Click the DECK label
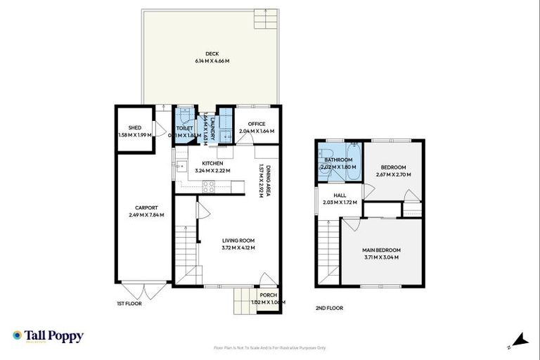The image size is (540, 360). click(x=212, y=54)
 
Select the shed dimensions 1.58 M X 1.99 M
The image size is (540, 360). click(x=134, y=135)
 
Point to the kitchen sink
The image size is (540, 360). click(x=224, y=152)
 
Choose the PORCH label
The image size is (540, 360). click(x=268, y=295)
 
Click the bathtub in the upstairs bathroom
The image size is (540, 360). click(x=352, y=163)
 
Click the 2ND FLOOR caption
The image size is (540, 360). click(x=330, y=307)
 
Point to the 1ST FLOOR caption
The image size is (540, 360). click(x=129, y=303)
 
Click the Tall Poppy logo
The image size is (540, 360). click(x=48, y=336)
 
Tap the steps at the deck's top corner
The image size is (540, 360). click(x=267, y=20)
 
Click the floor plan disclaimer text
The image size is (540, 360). click(x=270, y=347)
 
